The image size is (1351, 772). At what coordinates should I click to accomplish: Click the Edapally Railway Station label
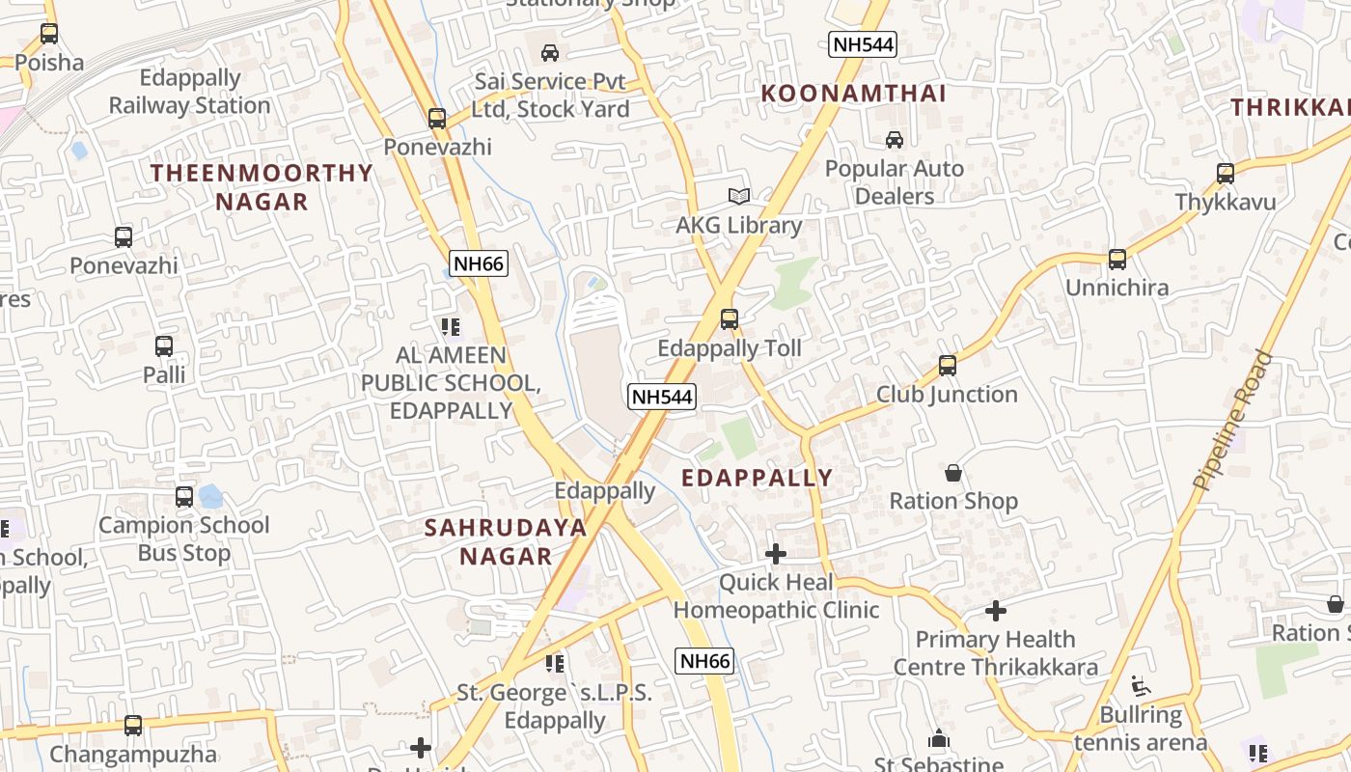click(190, 92)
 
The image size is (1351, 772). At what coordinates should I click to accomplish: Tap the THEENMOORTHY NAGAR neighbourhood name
click(262, 187)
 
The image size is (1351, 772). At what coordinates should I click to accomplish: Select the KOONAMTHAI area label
click(854, 94)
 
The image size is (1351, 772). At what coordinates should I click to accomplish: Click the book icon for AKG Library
click(739, 197)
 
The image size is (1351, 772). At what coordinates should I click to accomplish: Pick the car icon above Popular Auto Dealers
click(895, 140)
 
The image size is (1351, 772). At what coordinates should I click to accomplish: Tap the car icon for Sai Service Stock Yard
click(550, 53)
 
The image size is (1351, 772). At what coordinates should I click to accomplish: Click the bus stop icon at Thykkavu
click(1225, 175)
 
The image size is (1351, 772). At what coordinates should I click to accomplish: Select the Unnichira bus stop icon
click(1117, 260)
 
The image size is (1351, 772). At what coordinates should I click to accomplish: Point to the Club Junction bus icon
click(947, 366)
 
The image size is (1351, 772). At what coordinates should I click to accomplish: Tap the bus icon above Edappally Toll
click(730, 319)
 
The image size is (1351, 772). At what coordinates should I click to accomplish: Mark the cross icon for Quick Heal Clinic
click(775, 554)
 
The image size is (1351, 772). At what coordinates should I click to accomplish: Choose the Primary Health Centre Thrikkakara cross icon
click(996, 611)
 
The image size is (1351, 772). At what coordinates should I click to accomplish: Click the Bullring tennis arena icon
click(1141, 686)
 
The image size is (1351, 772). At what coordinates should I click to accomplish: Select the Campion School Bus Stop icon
click(184, 497)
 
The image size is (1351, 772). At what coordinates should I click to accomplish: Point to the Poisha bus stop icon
click(49, 34)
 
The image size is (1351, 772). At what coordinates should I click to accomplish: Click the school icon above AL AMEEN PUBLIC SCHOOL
click(450, 327)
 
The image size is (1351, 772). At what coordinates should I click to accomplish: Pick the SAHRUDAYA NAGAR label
click(506, 541)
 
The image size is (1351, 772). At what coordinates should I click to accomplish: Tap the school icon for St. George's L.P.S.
click(554, 664)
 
